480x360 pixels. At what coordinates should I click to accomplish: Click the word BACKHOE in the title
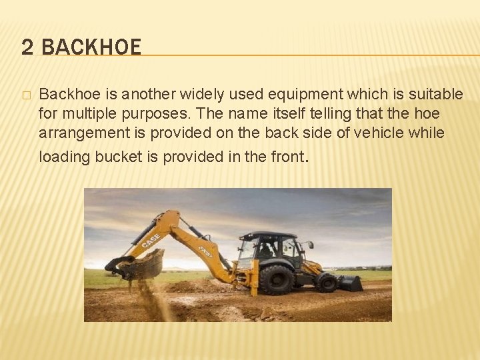[91, 47]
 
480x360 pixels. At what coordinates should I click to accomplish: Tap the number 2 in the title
[27, 47]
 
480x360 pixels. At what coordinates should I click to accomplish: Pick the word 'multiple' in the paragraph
[83, 114]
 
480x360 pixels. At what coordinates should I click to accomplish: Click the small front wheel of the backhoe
[327, 281]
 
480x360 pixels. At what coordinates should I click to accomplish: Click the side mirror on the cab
[308, 245]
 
